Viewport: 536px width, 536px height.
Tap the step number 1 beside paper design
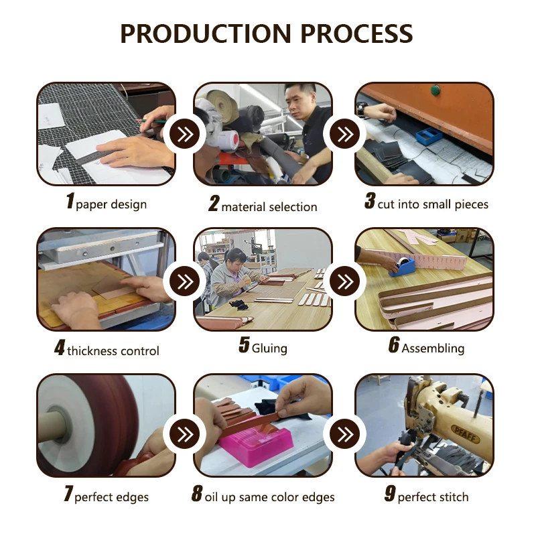coord(70,202)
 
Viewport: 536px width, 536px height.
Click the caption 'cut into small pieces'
coord(433,204)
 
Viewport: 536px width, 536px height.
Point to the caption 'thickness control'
coord(113,350)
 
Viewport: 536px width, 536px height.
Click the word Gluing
coord(269,348)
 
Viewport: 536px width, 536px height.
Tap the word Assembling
coord(433,348)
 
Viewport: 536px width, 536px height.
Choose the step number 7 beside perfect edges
coord(68,495)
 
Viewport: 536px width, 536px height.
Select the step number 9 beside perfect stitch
coord(390,495)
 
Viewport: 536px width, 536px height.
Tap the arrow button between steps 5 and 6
coord(345,279)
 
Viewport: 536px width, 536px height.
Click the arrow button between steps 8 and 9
coord(345,435)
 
